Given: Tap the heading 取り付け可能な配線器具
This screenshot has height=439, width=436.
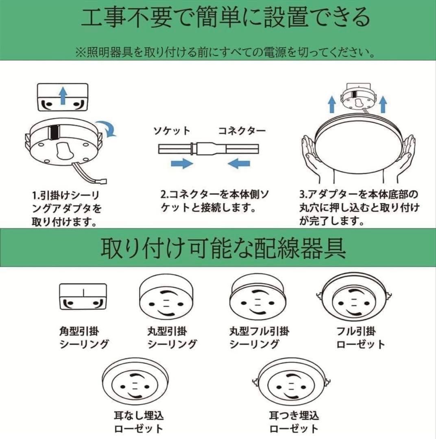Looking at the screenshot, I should (223, 248).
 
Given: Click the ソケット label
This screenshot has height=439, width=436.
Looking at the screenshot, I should (171, 130).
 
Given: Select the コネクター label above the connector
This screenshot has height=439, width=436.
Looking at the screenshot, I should (242, 130).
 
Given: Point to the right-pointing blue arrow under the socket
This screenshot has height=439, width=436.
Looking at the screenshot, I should (181, 163).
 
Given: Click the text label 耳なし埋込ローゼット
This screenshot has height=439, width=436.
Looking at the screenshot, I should (138, 422).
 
